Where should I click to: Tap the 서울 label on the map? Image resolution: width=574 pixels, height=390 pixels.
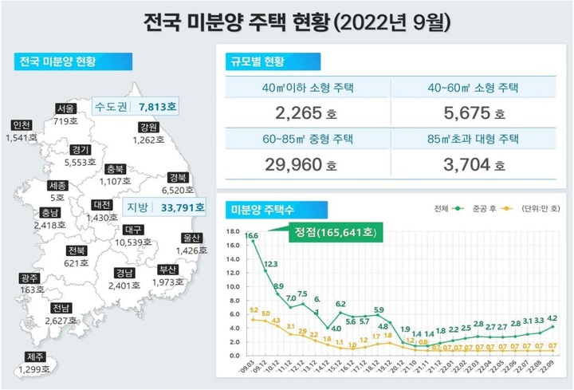tap(66, 109)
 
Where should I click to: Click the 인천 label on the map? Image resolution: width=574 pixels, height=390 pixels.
tap(22, 125)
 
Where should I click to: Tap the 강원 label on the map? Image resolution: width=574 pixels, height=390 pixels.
tap(148, 127)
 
